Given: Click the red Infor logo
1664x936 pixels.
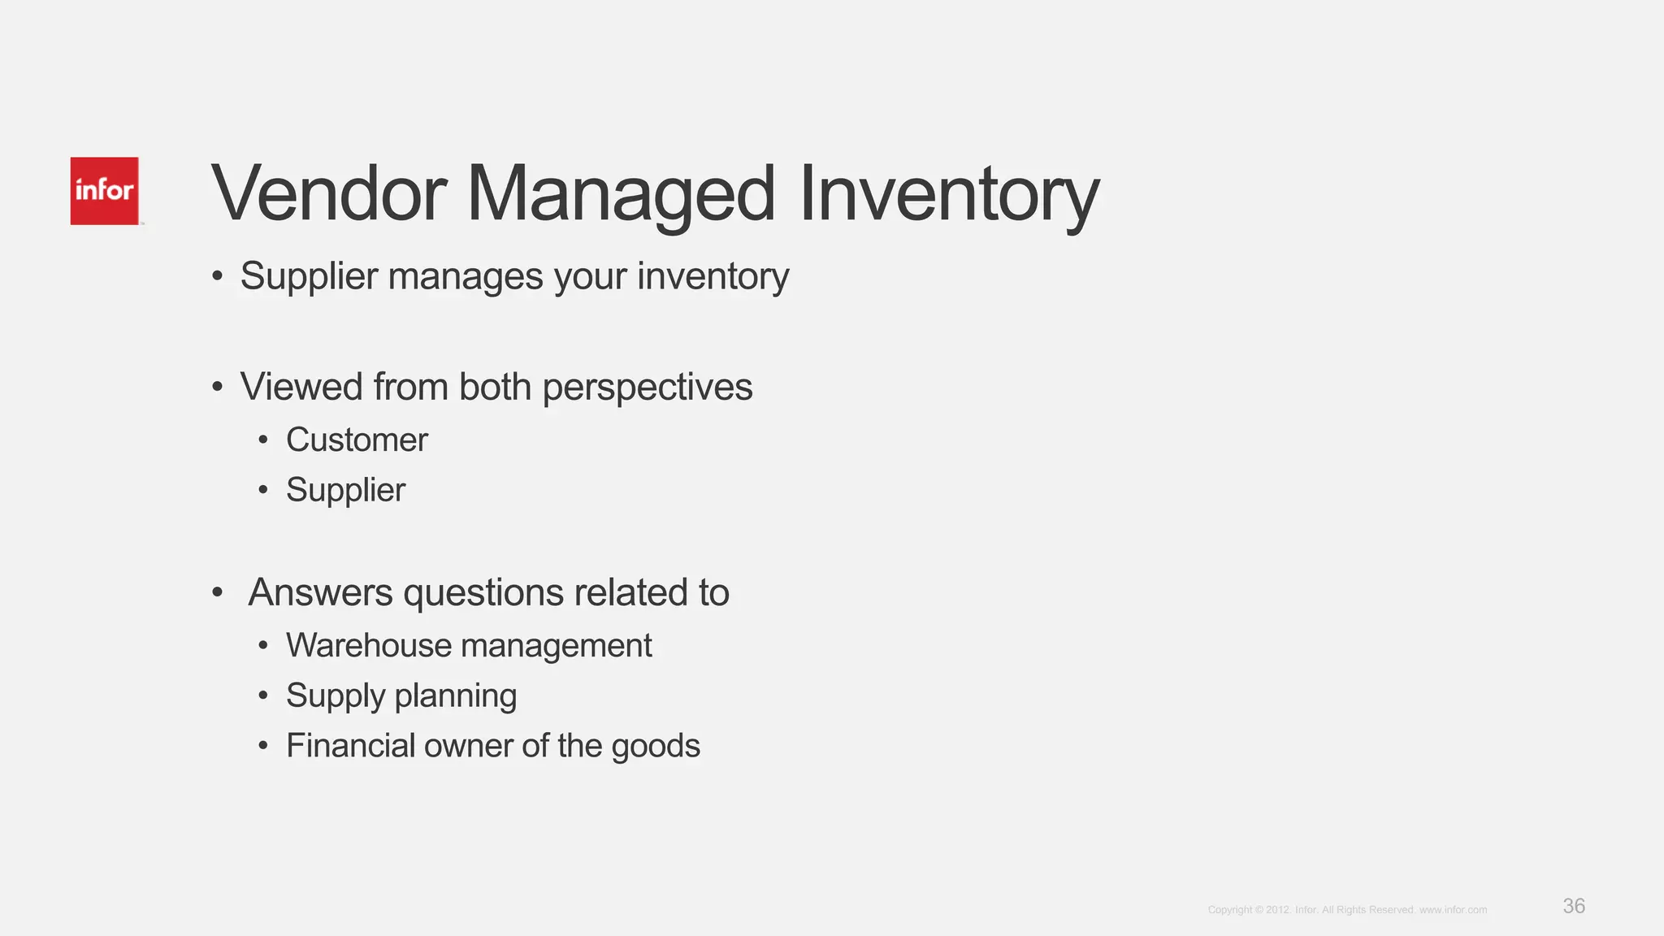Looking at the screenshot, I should click(104, 191).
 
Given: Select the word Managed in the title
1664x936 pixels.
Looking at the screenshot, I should click(621, 195).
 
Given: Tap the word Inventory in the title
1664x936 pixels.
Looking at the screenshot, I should click(948, 195).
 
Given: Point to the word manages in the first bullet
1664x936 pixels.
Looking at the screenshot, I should click(466, 277).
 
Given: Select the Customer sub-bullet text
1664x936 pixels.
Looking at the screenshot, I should click(357, 440).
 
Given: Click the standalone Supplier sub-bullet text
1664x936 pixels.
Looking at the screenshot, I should click(345, 491).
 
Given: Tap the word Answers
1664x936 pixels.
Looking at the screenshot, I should click(320, 592).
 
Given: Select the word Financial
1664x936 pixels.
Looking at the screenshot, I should click(350, 746).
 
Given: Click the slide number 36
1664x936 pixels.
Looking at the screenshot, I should click(1574, 906).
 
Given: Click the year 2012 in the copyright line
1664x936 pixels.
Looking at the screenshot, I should click(1277, 910).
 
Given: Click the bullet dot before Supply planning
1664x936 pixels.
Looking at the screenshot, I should click(262, 696).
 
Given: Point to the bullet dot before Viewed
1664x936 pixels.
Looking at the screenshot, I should click(217, 388).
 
